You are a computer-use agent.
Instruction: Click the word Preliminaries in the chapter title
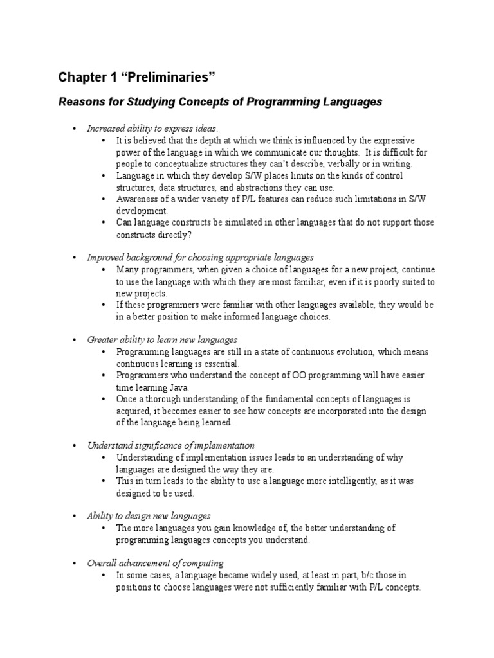pos(165,78)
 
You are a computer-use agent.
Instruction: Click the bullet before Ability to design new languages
pos(75,516)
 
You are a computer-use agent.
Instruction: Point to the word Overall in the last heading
pos(102,563)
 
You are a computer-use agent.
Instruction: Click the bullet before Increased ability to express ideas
pos(75,129)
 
